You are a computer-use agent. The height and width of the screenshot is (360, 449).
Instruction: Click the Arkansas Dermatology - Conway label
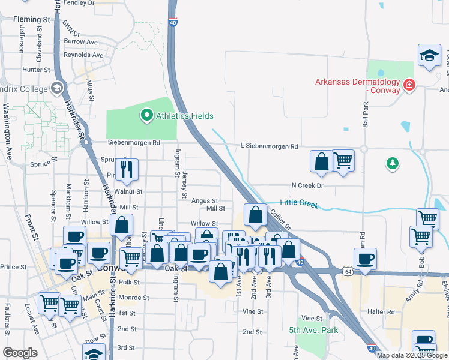(x=358, y=86)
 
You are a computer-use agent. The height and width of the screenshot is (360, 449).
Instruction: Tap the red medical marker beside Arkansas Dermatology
(x=409, y=85)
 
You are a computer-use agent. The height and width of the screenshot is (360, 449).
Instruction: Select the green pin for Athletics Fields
(x=146, y=115)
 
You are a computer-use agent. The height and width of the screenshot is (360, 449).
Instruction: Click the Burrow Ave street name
(x=81, y=42)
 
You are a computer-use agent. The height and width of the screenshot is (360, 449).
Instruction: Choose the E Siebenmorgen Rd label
(x=270, y=146)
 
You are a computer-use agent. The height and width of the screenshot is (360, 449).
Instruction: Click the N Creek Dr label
(x=307, y=186)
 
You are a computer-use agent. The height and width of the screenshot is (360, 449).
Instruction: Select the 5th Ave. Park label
(x=313, y=330)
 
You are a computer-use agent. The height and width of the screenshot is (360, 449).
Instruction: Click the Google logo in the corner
(x=20, y=353)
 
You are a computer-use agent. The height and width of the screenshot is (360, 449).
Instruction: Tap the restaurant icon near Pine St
(x=127, y=169)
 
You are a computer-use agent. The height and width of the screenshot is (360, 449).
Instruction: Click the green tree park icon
(x=392, y=163)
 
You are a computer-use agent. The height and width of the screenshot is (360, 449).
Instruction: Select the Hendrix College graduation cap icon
(x=58, y=89)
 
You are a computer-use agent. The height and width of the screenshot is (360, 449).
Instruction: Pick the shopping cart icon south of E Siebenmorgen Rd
(x=343, y=160)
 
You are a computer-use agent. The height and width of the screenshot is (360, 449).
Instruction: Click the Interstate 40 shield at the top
(x=172, y=22)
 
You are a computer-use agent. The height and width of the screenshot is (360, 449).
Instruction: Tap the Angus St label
(x=205, y=201)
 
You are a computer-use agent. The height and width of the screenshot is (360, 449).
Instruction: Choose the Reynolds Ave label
(x=83, y=55)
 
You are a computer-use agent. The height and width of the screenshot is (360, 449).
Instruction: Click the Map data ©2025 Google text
(x=412, y=355)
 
